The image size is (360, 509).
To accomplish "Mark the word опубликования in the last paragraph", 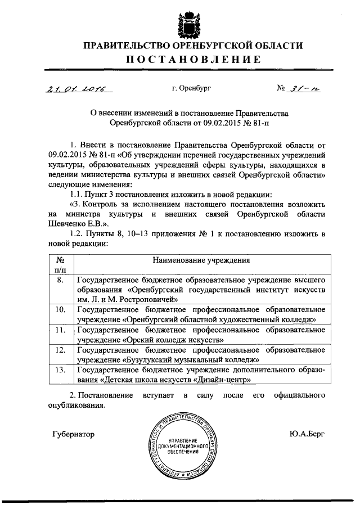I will pyautogui.click(x=75, y=405).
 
